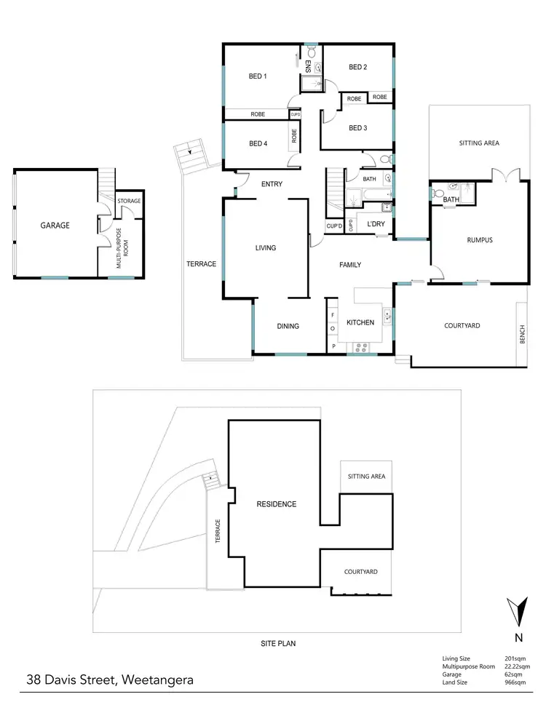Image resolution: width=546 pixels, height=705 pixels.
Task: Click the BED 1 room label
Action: tap(258, 76)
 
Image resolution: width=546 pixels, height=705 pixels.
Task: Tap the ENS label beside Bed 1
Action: tap(308, 68)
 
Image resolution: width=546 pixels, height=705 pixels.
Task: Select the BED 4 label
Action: tap(258, 143)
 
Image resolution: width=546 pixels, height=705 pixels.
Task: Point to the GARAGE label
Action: tap(55, 226)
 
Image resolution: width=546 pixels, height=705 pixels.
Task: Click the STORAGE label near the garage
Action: tap(129, 201)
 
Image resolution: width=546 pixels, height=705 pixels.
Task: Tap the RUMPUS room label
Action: tap(480, 240)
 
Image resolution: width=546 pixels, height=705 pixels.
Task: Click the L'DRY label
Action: tap(376, 223)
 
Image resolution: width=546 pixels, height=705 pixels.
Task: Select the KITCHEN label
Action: tap(360, 322)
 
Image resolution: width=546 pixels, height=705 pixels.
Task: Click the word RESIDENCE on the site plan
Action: tap(276, 503)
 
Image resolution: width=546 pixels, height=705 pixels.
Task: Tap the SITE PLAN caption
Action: tap(278, 643)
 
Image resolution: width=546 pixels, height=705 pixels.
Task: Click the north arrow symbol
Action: tap(518, 611)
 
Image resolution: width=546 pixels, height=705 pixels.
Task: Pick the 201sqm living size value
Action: tap(515, 658)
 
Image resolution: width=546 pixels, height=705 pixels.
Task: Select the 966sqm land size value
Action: tap(515, 682)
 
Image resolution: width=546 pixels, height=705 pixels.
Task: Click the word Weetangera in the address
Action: tap(157, 682)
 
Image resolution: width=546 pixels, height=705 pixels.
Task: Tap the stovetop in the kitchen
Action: tap(359, 348)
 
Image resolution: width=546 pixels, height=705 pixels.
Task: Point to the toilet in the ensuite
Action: tap(311, 52)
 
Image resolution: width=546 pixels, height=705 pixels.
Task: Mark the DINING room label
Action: tap(288, 326)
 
